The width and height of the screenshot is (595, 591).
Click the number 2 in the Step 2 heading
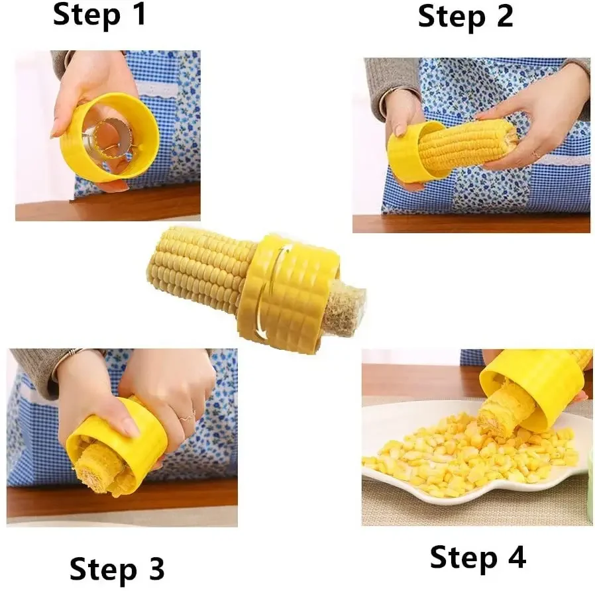coord(502,16)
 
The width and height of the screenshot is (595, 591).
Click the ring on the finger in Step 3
coord(187,417)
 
